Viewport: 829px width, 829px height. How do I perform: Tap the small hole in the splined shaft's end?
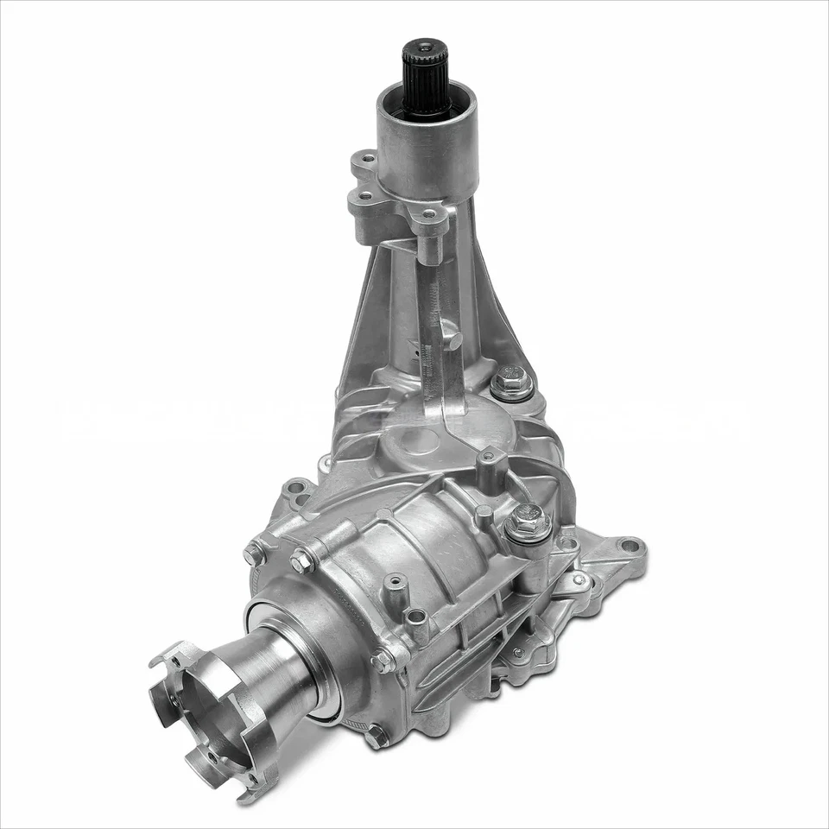coord(426,45)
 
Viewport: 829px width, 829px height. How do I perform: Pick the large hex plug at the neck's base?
coord(511,382)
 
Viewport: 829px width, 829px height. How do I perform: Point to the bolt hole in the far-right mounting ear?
coord(630,546)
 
